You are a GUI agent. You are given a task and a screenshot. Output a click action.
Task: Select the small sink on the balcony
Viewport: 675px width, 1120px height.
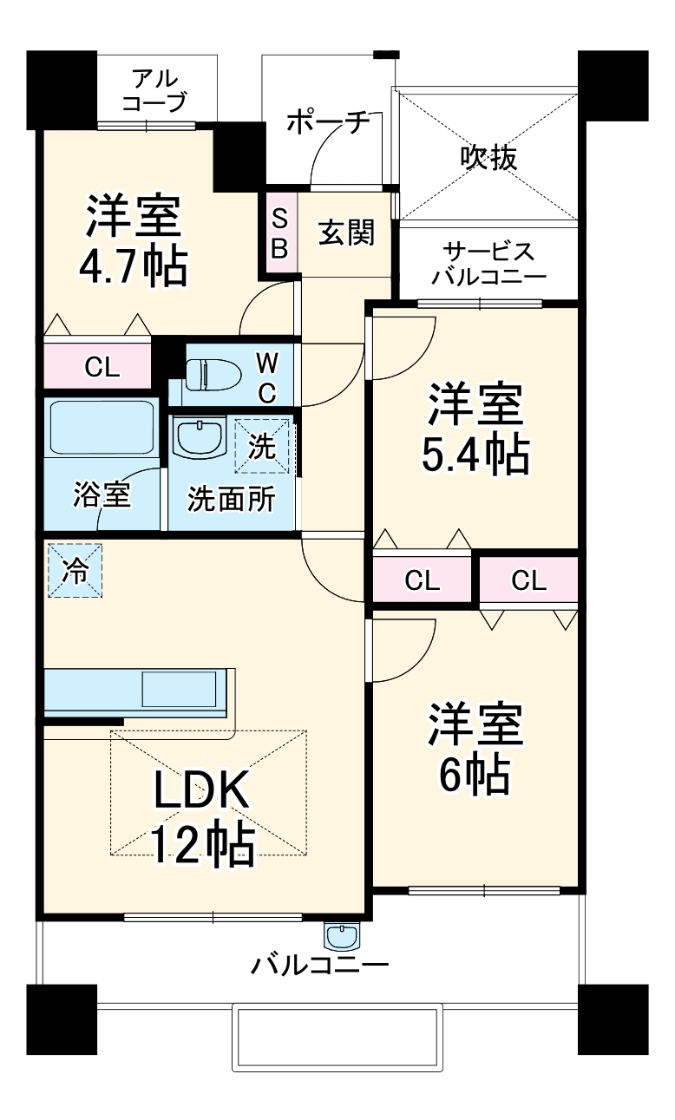341,936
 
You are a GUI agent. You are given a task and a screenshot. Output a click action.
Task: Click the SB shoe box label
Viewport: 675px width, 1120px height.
280,233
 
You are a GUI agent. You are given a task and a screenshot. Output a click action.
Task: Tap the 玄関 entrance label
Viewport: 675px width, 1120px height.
346,233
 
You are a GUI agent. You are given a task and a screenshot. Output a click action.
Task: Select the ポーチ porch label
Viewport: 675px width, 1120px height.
327,122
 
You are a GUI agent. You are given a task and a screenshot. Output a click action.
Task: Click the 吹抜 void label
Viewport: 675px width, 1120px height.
488,157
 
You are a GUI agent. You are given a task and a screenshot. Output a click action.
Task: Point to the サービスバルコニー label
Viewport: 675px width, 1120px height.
488,265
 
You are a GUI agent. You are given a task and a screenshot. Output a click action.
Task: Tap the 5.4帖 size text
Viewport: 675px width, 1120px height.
475,454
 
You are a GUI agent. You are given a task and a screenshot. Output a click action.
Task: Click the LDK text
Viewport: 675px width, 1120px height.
202,790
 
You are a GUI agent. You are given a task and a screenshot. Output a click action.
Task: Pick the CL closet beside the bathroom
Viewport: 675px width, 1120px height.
102,367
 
